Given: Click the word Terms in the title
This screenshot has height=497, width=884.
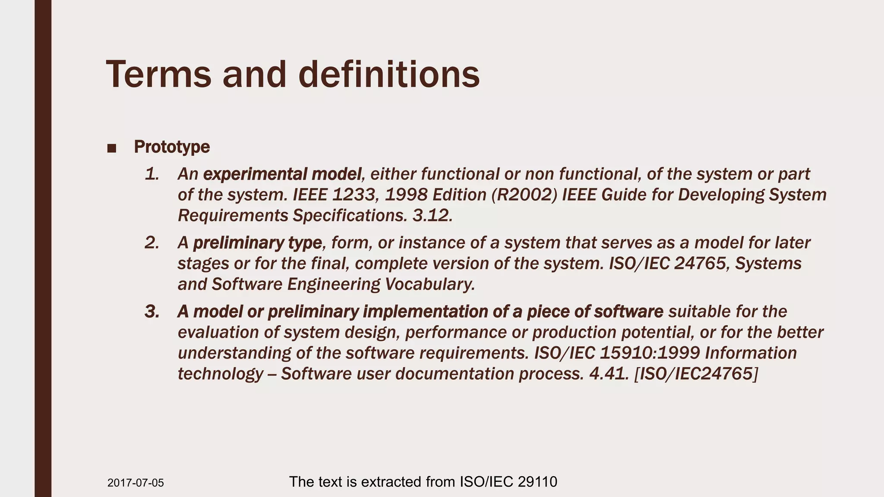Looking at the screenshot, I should (x=158, y=74).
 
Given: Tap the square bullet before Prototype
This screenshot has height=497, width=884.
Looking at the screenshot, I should (x=111, y=148).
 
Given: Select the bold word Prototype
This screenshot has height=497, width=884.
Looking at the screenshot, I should (x=172, y=147).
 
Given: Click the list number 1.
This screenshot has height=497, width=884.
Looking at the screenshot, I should (x=152, y=174).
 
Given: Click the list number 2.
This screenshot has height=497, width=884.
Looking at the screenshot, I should (x=152, y=243).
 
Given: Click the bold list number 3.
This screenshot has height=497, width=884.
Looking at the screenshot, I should (x=152, y=311).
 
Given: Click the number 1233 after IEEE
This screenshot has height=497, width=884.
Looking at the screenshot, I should (x=353, y=195).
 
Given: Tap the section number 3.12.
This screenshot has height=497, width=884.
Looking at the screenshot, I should (x=432, y=216).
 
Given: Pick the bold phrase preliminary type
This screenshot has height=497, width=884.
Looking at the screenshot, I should (x=257, y=243).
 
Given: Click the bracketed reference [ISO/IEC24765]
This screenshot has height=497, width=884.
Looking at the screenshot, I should (x=696, y=374).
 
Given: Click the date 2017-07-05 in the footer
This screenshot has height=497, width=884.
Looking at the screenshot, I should (x=136, y=483).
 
